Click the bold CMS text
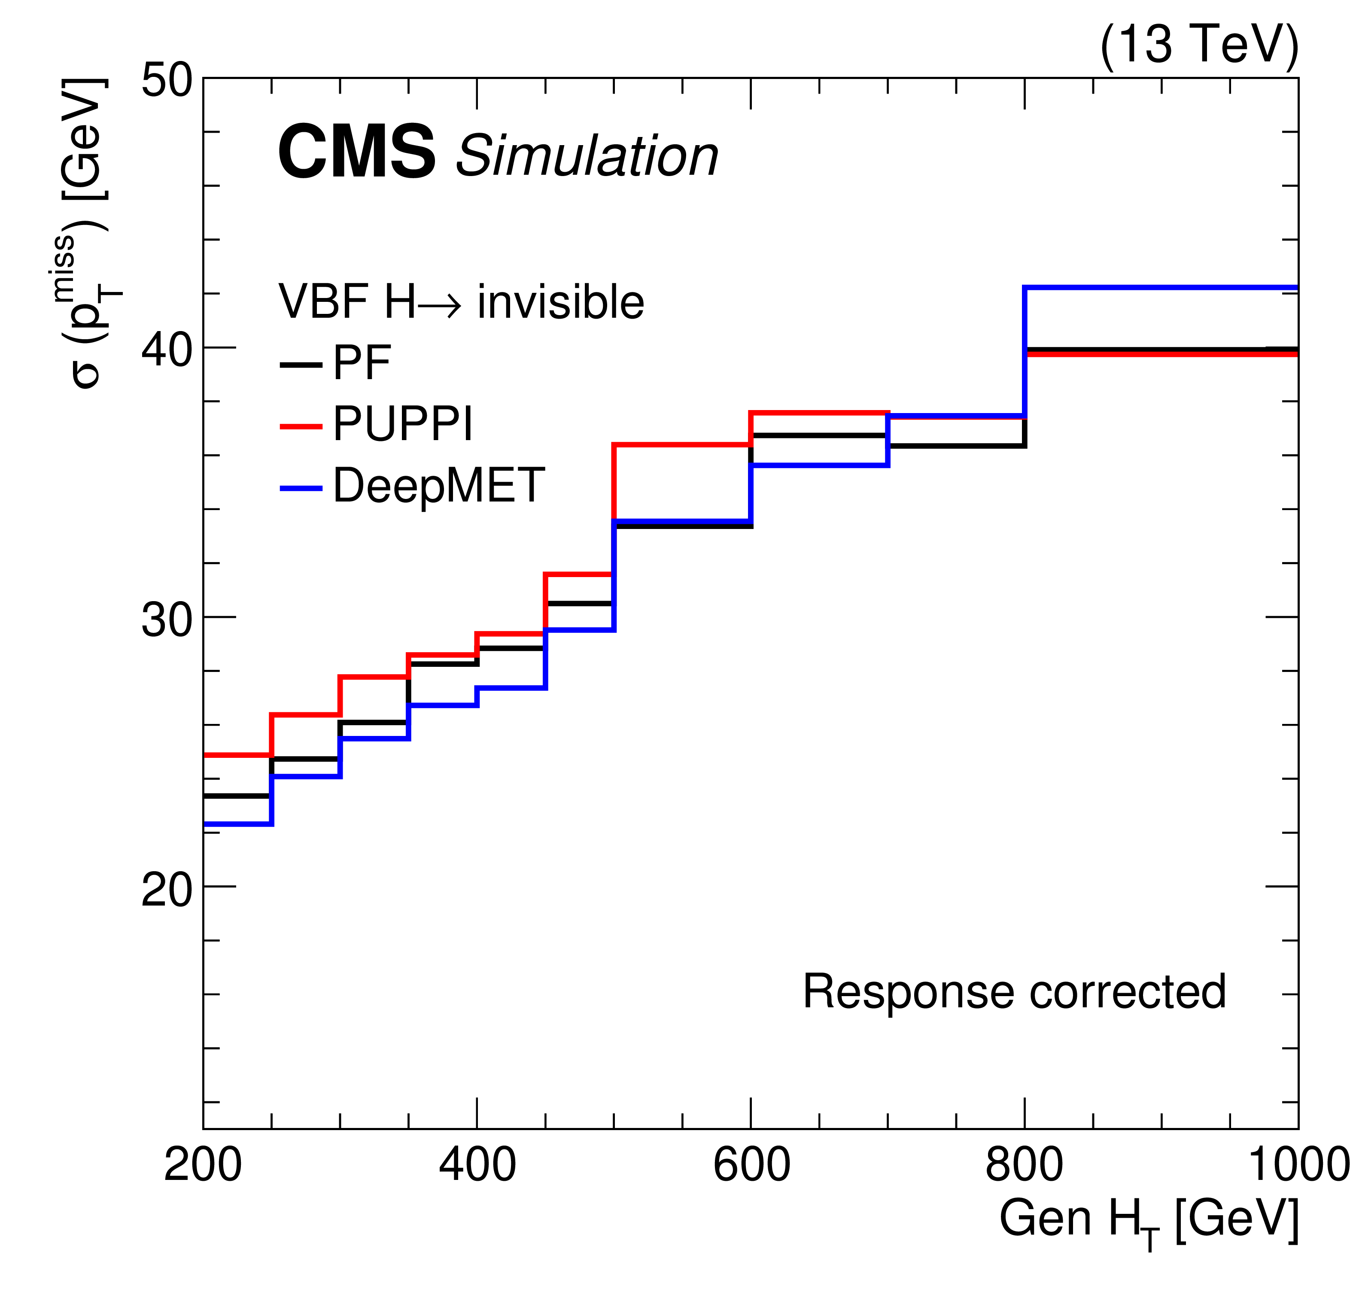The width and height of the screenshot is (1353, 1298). tap(356, 153)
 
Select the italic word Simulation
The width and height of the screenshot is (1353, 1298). tap(587, 156)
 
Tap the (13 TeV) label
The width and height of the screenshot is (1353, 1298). tap(1199, 45)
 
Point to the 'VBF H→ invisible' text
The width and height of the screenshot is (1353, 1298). tap(460, 302)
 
